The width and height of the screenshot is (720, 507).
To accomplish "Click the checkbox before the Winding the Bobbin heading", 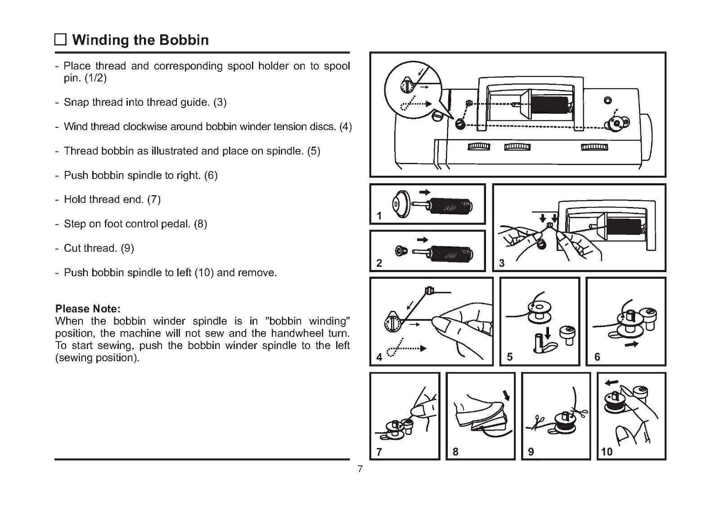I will [60, 40].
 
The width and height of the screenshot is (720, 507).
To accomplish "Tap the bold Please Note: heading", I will [88, 309].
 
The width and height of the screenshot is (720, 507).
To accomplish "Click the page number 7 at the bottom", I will [360, 469].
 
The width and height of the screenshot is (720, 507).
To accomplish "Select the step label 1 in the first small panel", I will [379, 216].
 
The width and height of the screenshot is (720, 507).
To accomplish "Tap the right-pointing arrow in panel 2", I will [423, 239].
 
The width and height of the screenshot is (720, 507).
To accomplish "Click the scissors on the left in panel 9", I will [536, 423].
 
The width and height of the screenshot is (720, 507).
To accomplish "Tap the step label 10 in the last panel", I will [607, 451].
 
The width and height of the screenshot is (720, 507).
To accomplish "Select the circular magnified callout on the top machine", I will [413, 90].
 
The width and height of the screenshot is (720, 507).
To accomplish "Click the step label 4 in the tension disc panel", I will [379, 357].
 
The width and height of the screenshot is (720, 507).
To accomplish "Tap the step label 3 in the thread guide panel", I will [502, 263].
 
